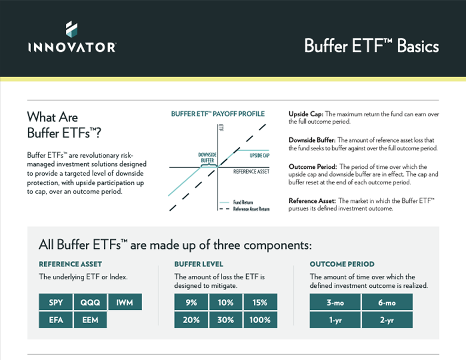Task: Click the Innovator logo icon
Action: (x=71, y=29)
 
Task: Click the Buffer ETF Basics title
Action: (x=371, y=47)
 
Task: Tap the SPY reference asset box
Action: (x=56, y=303)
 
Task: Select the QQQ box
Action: (x=90, y=303)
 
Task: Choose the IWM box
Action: (x=125, y=303)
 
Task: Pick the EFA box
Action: (x=56, y=320)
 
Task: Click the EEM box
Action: (x=90, y=320)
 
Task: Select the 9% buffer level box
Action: (x=191, y=303)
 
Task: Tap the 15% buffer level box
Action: (x=260, y=303)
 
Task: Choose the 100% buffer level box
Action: (x=260, y=320)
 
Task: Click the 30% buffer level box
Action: (x=226, y=320)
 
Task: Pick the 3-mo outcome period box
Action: (x=335, y=303)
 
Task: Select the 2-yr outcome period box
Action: (x=387, y=320)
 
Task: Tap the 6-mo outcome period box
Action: (x=387, y=303)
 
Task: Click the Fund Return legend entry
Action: (x=244, y=202)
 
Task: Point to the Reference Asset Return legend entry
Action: (x=251, y=209)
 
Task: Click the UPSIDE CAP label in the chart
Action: (x=259, y=155)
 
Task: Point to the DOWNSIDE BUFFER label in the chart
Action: (x=207, y=157)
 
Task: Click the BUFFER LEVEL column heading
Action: (x=199, y=264)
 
